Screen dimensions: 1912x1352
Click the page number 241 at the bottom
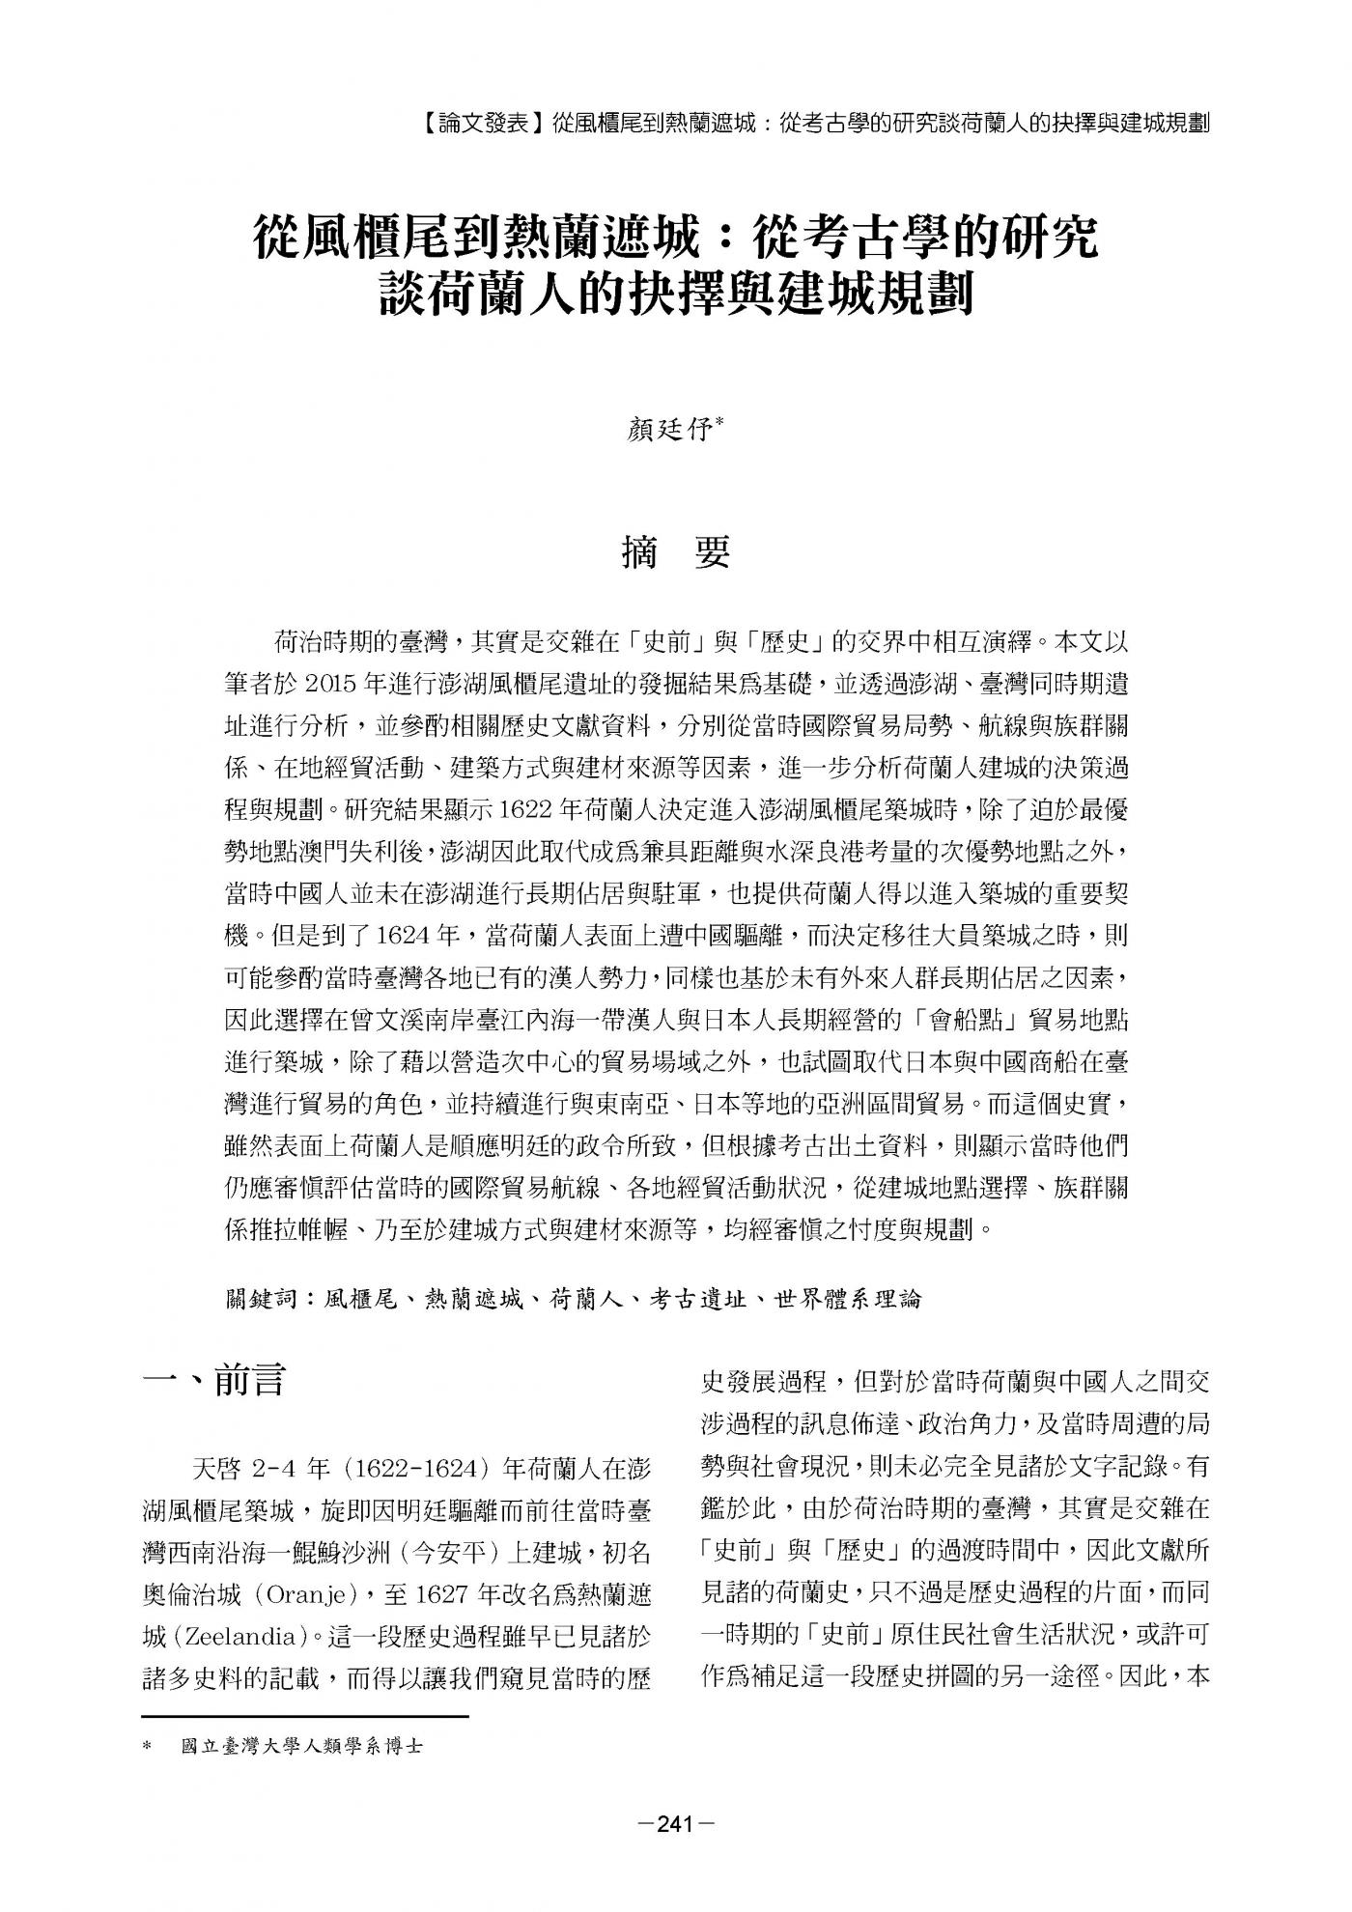676,1825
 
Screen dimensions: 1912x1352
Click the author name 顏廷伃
669,430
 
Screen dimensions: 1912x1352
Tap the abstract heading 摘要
676,552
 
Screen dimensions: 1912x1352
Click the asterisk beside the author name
722,423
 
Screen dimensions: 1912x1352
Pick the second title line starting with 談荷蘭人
676,293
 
